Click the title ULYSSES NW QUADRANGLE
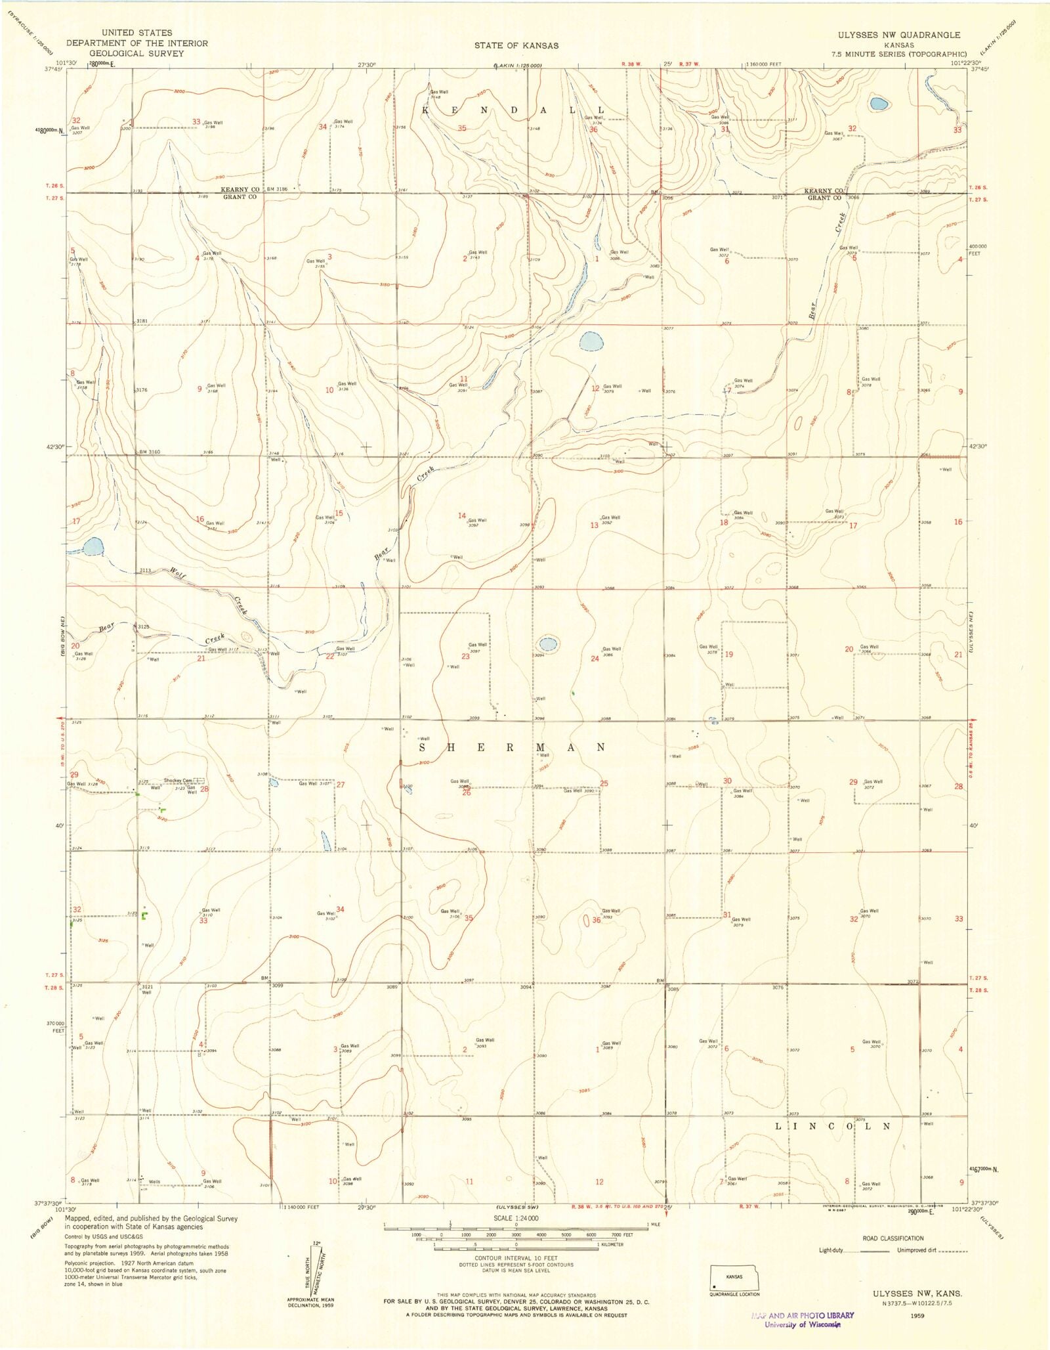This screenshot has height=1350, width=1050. [x=898, y=35]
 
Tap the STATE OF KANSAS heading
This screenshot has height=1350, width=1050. [x=516, y=45]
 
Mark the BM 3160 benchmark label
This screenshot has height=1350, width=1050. [x=149, y=452]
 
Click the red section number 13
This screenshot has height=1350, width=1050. [x=595, y=525]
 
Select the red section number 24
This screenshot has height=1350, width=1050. [x=595, y=659]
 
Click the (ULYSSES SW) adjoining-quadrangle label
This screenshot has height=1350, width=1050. [x=516, y=1207]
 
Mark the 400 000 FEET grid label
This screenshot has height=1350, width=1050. [x=978, y=250]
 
